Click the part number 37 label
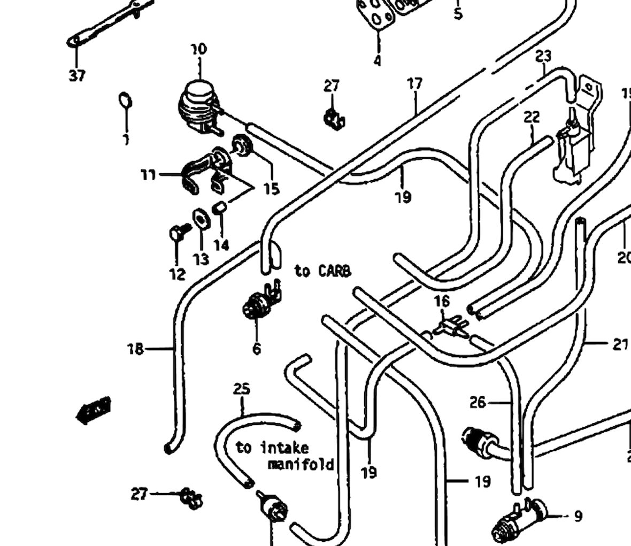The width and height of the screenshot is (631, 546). (x=77, y=76)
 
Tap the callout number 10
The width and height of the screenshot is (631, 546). (x=198, y=49)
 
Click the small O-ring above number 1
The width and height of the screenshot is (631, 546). (x=125, y=100)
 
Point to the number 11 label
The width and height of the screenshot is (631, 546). (x=148, y=174)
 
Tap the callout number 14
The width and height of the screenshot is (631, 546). (x=221, y=245)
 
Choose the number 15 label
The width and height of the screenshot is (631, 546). (x=272, y=188)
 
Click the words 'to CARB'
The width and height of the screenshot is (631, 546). (x=322, y=271)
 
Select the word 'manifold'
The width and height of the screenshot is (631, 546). (x=301, y=464)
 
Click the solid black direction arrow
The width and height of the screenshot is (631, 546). (x=94, y=411)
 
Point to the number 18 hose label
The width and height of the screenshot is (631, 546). (x=135, y=349)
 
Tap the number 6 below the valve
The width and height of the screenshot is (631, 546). (x=257, y=349)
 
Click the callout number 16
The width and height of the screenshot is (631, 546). (x=442, y=302)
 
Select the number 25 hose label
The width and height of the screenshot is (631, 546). (x=242, y=389)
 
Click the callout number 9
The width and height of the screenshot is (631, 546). (x=578, y=516)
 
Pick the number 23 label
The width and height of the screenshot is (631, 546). (x=543, y=56)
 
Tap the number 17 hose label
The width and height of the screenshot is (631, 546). (x=415, y=83)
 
